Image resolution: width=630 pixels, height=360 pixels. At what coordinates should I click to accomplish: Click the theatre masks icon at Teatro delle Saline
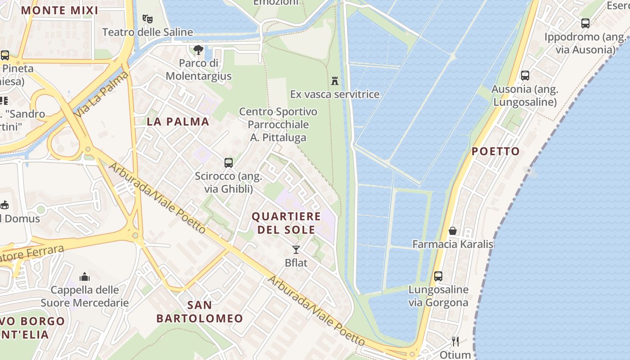pos(147,19)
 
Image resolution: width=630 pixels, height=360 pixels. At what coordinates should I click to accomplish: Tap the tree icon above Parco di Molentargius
pos(198,50)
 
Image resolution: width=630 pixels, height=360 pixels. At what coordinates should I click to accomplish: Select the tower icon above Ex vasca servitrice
pos(334,81)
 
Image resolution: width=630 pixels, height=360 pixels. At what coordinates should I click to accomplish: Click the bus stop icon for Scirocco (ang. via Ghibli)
pos(229,162)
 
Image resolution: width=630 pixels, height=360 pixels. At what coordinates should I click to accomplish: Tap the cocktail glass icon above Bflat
pos(296,249)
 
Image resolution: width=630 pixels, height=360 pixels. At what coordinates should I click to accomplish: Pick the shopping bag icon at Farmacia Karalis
pos(453,231)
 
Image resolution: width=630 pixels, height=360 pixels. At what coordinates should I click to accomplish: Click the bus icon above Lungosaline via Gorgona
pos(438,276)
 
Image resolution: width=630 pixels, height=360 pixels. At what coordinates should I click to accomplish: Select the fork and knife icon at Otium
pos(455,342)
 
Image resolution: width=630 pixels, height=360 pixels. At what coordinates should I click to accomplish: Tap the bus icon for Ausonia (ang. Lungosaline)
pos(525,76)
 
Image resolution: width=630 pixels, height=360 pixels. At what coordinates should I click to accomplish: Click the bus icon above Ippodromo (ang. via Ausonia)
pos(585,23)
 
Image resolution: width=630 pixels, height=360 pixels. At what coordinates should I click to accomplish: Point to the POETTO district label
pos(495,151)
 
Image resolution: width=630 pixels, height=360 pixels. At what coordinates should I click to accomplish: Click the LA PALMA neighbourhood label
pos(178,121)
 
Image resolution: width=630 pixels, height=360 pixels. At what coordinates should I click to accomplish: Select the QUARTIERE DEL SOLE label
pos(286,223)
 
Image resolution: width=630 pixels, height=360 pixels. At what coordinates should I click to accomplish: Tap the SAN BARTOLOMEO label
pos(200,312)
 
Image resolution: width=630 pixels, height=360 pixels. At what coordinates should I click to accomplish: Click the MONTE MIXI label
pos(59,10)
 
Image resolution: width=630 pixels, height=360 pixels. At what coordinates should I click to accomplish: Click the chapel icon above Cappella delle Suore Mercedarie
pos(84,276)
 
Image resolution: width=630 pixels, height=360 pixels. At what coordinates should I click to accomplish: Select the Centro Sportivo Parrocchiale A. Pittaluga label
pos(278,124)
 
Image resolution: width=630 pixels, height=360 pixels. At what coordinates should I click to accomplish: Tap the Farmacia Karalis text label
pos(453,244)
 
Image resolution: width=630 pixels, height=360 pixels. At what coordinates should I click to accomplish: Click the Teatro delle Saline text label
pos(148,32)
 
